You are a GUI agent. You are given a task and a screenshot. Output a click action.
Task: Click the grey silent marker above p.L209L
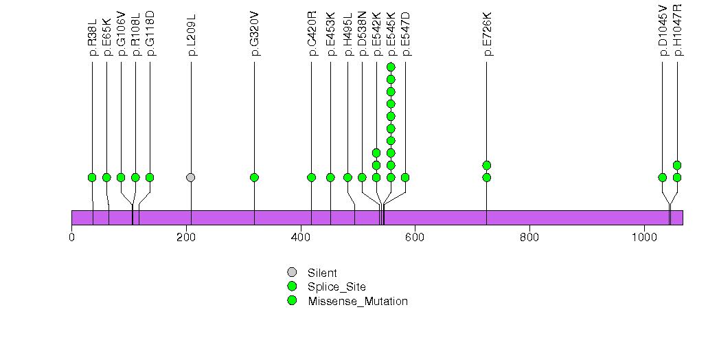(191, 177)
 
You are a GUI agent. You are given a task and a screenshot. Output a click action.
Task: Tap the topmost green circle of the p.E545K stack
(391, 67)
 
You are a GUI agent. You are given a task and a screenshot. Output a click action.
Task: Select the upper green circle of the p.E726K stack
(486, 165)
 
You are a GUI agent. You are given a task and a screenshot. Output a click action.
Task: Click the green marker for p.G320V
(254, 177)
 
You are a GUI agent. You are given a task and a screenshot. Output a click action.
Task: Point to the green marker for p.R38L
(92, 177)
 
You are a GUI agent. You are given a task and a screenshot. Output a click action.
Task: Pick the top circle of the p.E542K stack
(376, 153)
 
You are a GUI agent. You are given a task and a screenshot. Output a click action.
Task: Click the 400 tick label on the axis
(301, 238)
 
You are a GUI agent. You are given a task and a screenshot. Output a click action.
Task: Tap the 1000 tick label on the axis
(644, 238)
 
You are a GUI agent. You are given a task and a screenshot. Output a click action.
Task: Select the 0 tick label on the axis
(71, 238)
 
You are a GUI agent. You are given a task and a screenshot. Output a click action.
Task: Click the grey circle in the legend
(292, 273)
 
